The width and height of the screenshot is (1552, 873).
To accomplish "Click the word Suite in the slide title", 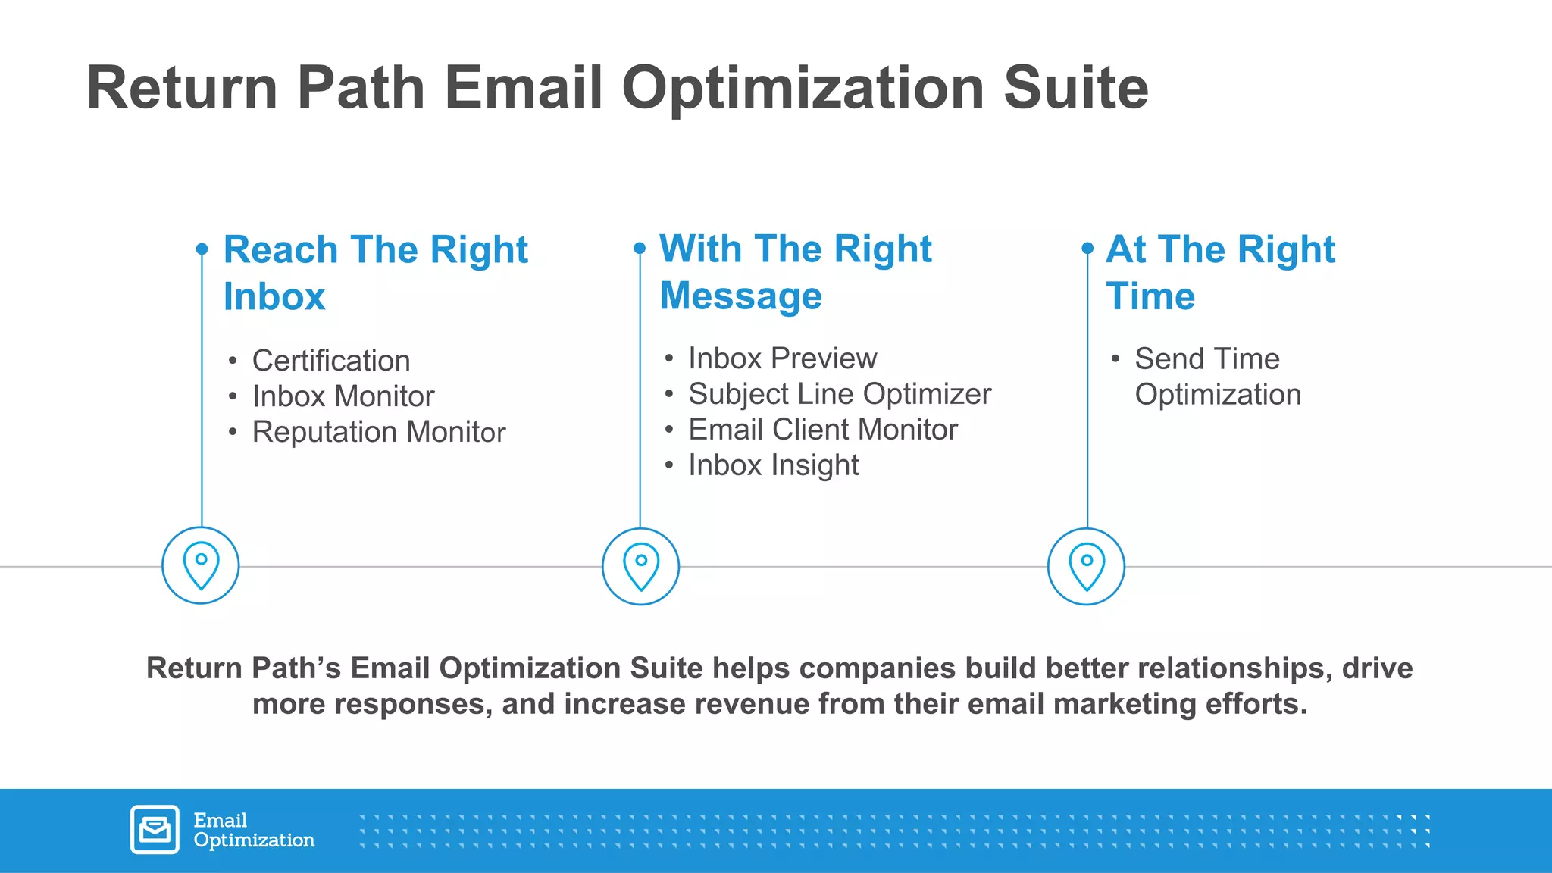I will [x=1075, y=88].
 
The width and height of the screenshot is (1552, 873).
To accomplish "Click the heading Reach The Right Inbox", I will [x=375, y=272].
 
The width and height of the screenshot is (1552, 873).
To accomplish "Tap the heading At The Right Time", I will [x=1219, y=272].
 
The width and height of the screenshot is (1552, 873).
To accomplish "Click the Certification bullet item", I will [x=330, y=361].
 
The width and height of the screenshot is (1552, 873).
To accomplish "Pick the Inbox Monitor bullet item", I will [x=343, y=396].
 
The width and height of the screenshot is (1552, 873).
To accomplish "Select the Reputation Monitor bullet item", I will [x=378, y=432].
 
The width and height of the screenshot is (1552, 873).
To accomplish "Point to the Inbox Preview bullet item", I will [x=782, y=358].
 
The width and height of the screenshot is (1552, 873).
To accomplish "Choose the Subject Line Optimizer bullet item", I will [x=839, y=394].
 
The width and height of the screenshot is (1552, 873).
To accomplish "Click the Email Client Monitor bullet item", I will [x=822, y=430].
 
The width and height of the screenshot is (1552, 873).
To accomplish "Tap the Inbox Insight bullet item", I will [x=773, y=465].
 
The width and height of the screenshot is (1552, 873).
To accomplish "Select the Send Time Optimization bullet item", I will [x=1217, y=376].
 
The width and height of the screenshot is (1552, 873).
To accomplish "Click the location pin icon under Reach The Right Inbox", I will [x=201, y=565].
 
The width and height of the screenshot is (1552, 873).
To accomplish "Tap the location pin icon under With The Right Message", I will [x=640, y=566].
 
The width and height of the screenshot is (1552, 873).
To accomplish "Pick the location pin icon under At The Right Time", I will [x=1086, y=566].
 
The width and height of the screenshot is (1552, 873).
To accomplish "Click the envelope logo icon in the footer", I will [x=155, y=830].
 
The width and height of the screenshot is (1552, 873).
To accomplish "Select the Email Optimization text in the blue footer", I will [x=253, y=830].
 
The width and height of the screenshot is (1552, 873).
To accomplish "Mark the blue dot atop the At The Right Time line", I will [x=1087, y=248].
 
